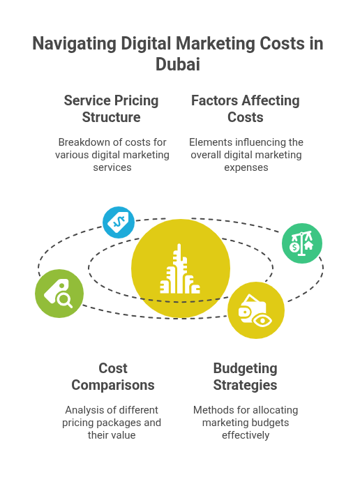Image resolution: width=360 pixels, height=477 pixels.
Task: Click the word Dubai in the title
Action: tap(178, 64)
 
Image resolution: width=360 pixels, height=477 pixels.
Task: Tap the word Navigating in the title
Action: tap(74, 43)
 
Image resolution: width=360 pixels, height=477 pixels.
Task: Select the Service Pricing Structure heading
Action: tap(112, 109)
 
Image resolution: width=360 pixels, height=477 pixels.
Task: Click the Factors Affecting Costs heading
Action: tap(246, 109)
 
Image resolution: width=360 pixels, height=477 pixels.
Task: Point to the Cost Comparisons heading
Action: tap(113, 377)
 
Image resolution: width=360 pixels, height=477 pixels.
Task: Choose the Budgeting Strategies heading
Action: tap(246, 377)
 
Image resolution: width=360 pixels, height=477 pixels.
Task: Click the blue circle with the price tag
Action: tap(119, 222)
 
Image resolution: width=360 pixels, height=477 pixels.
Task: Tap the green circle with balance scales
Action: tap(302, 243)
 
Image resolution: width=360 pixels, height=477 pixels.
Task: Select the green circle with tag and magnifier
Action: tap(59, 294)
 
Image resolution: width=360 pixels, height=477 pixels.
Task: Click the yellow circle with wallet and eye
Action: tap(256, 310)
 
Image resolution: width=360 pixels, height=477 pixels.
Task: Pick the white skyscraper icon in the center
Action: tap(180, 269)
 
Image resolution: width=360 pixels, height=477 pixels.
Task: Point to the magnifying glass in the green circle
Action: tap(65, 301)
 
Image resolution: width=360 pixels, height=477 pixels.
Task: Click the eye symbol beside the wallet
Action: tap(262, 321)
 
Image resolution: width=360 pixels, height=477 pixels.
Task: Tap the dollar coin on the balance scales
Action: tap(294, 247)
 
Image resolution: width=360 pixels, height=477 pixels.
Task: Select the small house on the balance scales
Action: tap(308, 245)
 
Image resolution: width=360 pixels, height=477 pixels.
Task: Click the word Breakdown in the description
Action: tap(77, 142)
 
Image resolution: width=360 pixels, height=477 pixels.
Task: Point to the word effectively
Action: tap(246, 435)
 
